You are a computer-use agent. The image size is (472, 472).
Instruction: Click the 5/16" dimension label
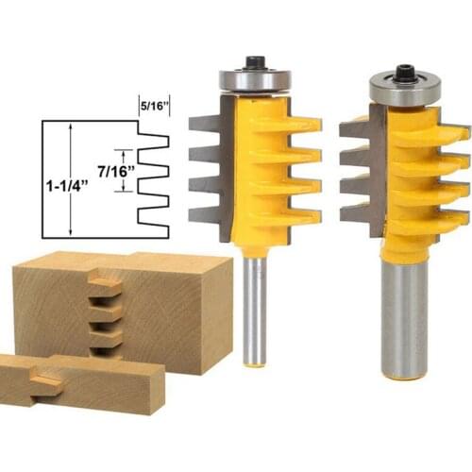(153, 106)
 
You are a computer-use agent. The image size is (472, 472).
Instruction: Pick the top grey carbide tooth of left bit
(205, 122)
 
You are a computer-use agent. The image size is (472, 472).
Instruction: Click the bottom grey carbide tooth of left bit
(205, 213)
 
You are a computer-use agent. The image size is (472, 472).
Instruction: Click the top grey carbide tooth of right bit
(354, 126)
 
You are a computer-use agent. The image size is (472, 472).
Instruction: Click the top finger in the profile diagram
(152, 141)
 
